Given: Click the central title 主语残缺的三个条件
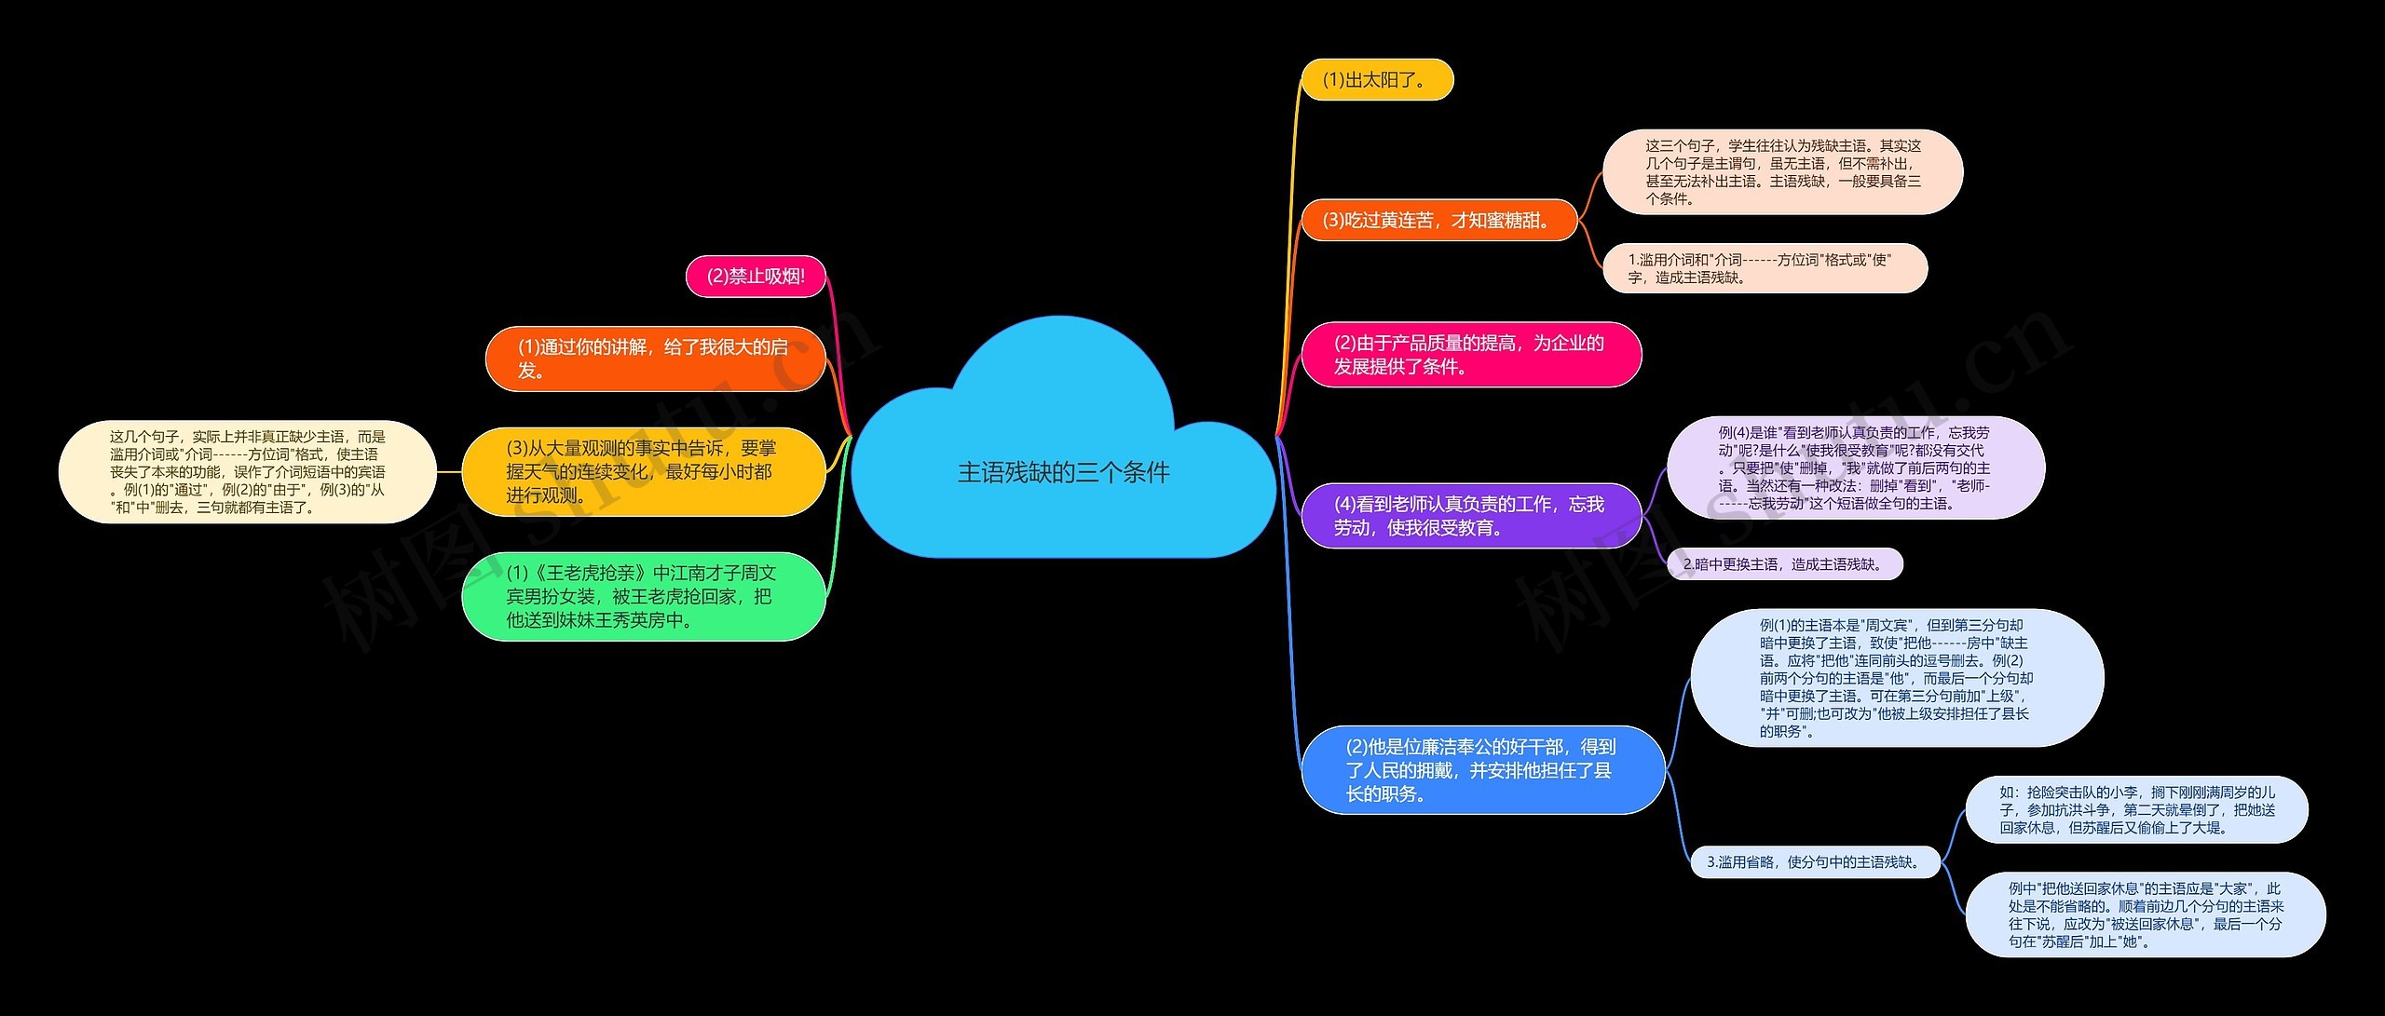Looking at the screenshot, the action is coord(1063,472).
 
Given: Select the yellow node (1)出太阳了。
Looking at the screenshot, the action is coord(1377,80).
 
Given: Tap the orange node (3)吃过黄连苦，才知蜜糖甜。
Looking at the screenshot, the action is coord(1438,220).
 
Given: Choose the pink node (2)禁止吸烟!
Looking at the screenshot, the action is coord(756,277).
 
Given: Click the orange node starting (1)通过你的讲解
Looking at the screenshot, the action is coord(655,359).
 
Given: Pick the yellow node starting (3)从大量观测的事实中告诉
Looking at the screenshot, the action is coord(644,471).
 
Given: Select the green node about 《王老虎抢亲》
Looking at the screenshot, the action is coord(644,596).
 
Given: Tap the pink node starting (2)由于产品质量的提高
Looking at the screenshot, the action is coord(1471,355).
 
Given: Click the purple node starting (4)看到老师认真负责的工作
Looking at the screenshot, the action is coord(1471,516).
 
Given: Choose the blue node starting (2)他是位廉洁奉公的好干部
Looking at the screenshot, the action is coord(1482,769).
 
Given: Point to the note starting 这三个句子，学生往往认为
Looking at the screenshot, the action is coord(1782,172).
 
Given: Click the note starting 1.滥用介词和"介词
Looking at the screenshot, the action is coord(1765,268).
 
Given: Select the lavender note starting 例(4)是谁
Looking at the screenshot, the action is coord(1855,467).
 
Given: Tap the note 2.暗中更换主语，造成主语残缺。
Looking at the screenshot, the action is coord(1784,563).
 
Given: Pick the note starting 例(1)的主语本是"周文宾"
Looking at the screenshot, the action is coord(1897,678).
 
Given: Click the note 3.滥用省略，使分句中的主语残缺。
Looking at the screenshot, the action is coord(1816,862).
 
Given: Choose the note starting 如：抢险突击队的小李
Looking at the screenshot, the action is coord(2137,810).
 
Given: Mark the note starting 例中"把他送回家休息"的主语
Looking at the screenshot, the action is coord(2146,914).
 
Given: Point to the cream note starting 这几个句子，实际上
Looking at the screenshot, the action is coord(248,471).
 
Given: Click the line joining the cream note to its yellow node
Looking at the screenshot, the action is coord(449,472).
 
